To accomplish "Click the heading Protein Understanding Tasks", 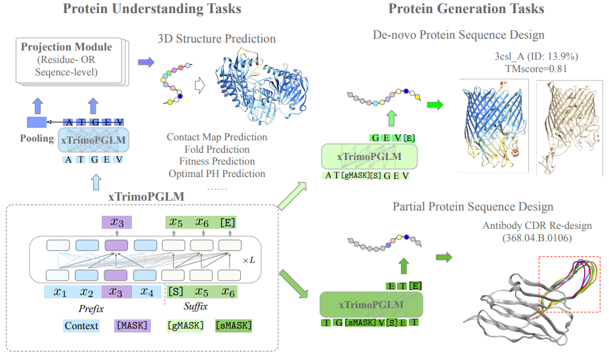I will point(152,9).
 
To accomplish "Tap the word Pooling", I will point(37,138).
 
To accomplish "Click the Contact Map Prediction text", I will point(217,138).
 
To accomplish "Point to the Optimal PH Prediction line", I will point(217,174).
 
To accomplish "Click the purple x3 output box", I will point(117,222).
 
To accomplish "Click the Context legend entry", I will point(81,325).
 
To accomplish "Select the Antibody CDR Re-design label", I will point(537,226).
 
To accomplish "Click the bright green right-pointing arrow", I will point(435,104).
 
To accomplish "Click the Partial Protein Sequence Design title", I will point(473,207).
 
